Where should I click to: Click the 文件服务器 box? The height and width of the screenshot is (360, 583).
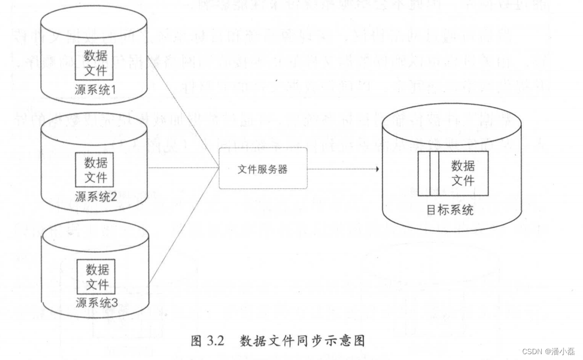(x=263, y=169)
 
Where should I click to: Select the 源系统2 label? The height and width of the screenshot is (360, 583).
(x=96, y=197)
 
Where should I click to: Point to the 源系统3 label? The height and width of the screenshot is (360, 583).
(x=97, y=303)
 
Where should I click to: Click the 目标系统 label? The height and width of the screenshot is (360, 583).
(x=450, y=210)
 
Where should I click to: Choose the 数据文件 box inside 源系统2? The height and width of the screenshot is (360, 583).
(x=96, y=169)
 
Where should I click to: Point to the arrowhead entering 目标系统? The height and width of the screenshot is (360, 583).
(x=377, y=169)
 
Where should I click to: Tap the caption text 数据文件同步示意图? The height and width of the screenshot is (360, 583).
(x=302, y=340)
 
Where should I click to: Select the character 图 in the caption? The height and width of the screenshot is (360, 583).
(x=196, y=340)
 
